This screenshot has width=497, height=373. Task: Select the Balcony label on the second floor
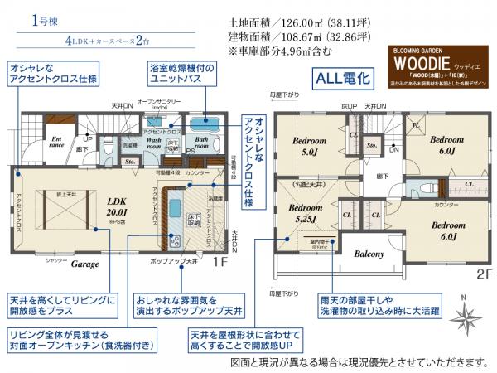click(x=368, y=254)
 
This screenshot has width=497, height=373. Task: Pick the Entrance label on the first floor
click(x=56, y=141)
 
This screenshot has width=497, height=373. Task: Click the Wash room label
click(x=154, y=140)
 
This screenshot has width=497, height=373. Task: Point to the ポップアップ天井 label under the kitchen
click(x=172, y=261)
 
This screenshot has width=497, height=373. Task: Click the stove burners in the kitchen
click(x=176, y=241)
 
